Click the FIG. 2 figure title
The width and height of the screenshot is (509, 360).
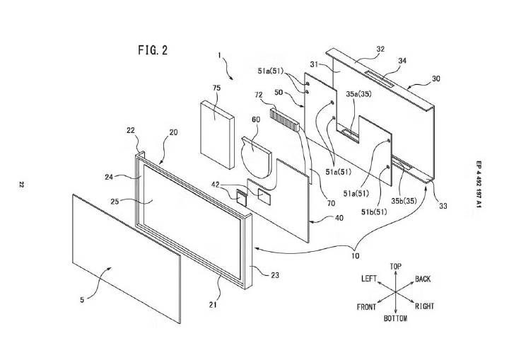[x=153, y=50]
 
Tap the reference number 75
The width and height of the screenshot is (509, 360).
[x=216, y=88]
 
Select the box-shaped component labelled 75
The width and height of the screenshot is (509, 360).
[x=217, y=135]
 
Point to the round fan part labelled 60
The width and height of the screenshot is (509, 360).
[x=257, y=158]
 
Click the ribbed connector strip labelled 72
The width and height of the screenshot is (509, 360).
[x=284, y=120]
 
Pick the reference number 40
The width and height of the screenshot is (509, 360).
[x=339, y=218]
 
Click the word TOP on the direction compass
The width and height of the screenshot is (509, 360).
[x=395, y=267]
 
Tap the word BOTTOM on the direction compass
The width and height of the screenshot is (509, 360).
[x=395, y=318]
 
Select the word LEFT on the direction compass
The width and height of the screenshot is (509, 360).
[x=369, y=279]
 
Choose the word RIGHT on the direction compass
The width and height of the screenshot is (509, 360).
[x=424, y=306]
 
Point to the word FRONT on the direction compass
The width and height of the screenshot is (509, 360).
[x=366, y=307]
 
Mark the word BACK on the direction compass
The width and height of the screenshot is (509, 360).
[x=423, y=279]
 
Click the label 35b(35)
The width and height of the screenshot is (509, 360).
[x=404, y=201]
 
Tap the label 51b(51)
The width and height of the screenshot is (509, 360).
[x=374, y=212]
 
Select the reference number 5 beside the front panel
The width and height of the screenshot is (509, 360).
[x=82, y=300]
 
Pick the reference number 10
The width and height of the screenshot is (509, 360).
[x=356, y=256]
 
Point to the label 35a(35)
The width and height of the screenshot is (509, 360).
[x=358, y=94]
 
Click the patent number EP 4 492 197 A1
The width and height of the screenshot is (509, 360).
[x=479, y=184]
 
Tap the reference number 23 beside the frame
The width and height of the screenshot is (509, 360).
[x=275, y=275]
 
